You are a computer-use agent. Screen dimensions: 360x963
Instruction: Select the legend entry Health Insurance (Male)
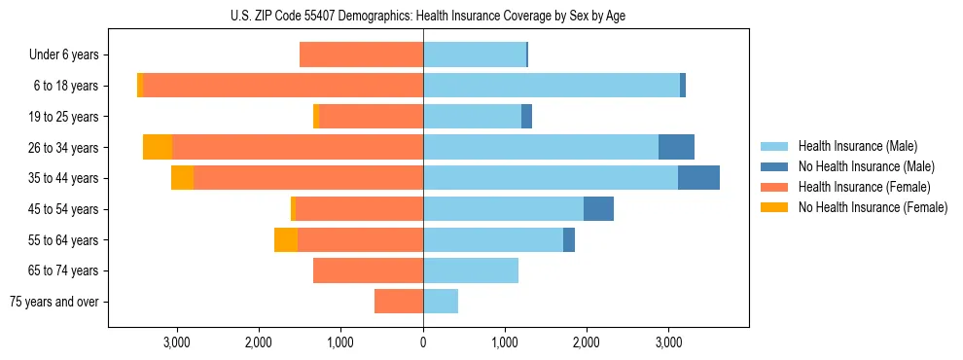tap(857, 146)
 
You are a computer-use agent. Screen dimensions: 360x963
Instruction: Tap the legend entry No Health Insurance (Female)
tap(873, 207)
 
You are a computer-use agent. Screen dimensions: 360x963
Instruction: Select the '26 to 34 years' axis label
tap(65, 148)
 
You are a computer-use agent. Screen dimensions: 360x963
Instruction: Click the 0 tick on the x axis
tap(423, 342)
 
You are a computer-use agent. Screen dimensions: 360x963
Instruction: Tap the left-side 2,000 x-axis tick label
tap(259, 342)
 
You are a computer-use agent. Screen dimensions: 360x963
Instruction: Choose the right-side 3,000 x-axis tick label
tap(668, 342)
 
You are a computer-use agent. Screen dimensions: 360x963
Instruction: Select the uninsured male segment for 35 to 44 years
tap(698, 178)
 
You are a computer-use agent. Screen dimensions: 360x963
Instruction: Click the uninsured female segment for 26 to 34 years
tap(158, 147)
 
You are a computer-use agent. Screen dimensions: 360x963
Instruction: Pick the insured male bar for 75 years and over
tap(441, 302)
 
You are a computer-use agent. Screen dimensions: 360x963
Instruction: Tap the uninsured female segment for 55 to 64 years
tap(286, 239)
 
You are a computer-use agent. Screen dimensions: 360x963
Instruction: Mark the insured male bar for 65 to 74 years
tap(471, 270)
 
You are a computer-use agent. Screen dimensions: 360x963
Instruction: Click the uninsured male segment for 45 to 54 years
tap(598, 209)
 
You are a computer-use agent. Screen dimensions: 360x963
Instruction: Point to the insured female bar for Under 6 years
tap(361, 55)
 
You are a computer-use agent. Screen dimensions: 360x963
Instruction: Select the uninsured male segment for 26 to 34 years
tap(676, 147)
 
